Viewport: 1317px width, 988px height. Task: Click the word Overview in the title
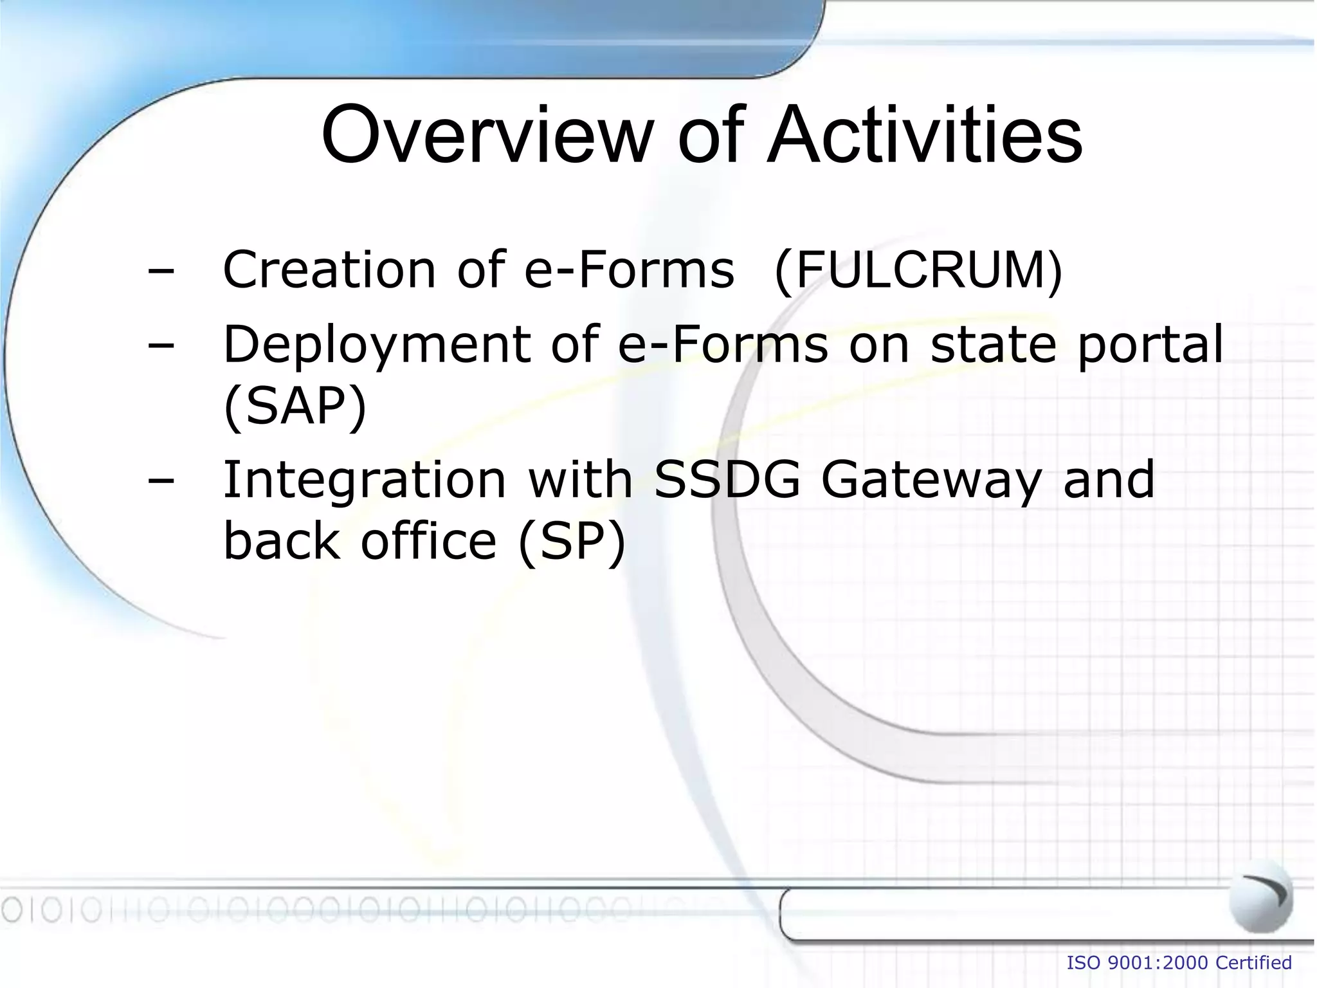[x=486, y=136]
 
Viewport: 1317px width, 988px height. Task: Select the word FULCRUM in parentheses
[x=919, y=270]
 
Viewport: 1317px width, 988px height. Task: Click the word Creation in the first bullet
[x=329, y=270]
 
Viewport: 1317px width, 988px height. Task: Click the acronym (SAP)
[x=295, y=407]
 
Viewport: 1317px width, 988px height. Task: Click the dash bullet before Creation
[x=161, y=271]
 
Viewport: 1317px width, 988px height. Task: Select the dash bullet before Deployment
[x=161, y=346]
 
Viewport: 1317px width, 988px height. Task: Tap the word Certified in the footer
[x=1254, y=963]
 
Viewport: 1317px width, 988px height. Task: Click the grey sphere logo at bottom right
[x=1260, y=895]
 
